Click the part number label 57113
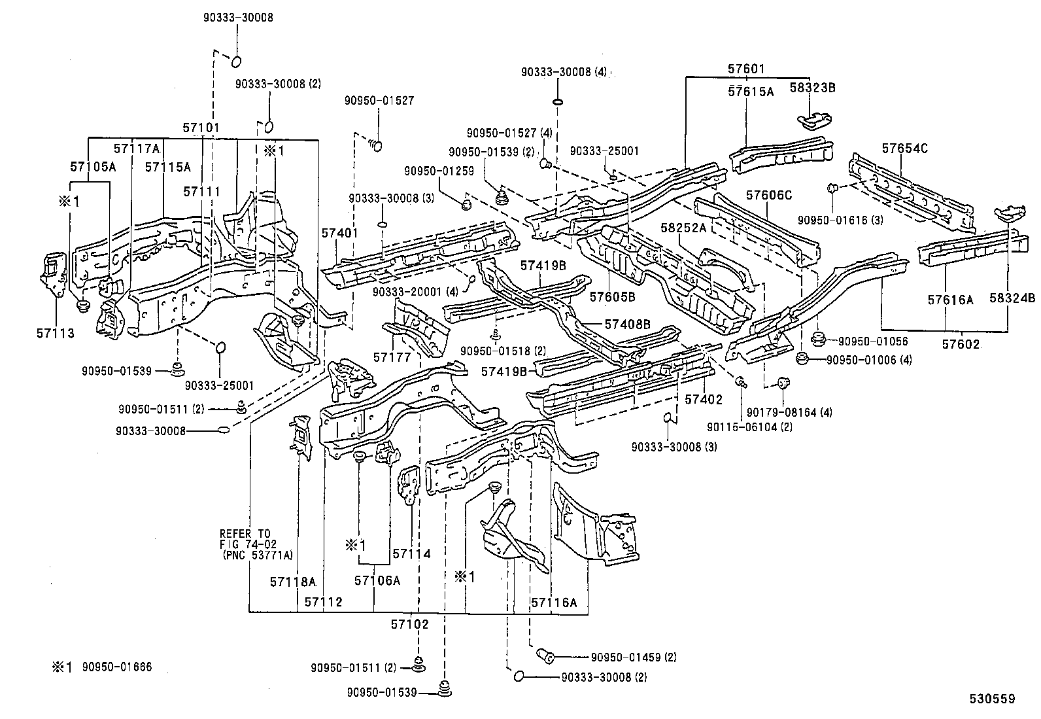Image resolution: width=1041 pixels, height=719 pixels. (55, 334)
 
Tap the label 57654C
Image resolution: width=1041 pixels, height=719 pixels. (904, 149)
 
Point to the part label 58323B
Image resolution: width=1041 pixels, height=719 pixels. (813, 87)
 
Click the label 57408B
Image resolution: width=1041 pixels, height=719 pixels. (627, 324)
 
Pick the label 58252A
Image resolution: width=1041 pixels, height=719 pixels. (683, 228)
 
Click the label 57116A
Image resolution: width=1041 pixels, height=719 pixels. (554, 603)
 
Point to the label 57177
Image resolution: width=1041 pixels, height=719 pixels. (392, 357)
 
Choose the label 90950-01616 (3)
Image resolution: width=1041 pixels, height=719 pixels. (840, 220)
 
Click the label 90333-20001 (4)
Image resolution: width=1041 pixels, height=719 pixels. (416, 292)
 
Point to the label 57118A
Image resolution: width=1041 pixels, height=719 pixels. (293, 581)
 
